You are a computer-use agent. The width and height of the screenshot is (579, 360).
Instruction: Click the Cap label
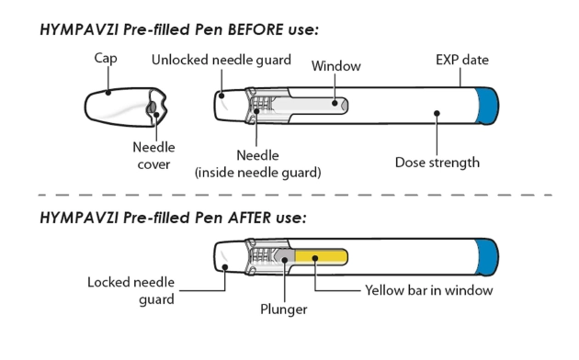(106, 58)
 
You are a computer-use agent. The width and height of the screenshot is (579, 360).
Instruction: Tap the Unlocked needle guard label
(221, 60)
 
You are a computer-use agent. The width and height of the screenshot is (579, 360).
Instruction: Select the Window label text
(336, 66)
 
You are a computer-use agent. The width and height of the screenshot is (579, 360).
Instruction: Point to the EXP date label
(462, 60)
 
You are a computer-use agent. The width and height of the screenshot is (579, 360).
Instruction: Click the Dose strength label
(437, 163)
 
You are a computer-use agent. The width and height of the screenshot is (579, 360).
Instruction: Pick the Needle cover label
(153, 155)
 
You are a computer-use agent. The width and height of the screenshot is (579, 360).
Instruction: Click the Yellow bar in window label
(428, 290)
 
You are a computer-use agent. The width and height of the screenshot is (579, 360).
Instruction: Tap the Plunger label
(284, 309)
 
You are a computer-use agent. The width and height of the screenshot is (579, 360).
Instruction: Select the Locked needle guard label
(131, 290)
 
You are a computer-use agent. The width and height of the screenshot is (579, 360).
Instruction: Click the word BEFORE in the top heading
(255, 29)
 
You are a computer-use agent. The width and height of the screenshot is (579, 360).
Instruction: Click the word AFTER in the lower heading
(249, 218)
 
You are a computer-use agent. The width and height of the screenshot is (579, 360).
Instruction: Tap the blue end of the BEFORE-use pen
(487, 106)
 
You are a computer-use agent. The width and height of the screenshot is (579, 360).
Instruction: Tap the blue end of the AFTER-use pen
(487, 257)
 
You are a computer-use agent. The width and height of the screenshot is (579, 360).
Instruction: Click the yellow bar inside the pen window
(322, 257)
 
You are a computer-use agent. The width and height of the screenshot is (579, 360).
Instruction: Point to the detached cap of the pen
(126, 107)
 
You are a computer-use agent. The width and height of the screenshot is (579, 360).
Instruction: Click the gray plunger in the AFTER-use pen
(285, 257)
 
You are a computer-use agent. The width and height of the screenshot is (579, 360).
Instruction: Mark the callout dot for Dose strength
(437, 113)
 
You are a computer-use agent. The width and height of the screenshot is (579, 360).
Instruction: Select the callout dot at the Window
(335, 103)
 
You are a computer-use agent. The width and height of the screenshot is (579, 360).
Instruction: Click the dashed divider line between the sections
(295, 195)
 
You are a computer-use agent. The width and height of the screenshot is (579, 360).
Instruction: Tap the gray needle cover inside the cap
(152, 107)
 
